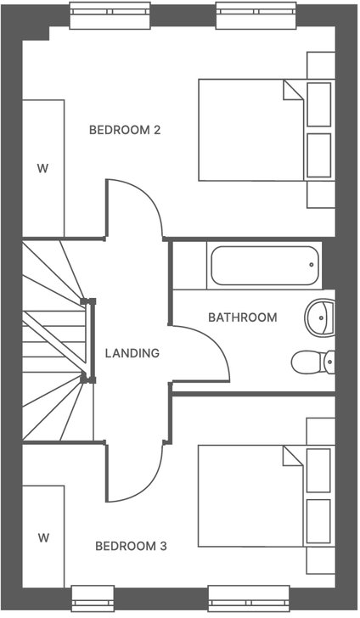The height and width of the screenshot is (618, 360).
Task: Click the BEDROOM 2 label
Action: coord(125,130)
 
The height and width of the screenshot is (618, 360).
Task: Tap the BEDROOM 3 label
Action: coord(130,546)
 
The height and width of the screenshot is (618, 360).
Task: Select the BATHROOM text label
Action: coord(243,317)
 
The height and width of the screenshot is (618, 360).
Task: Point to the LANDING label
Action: coord(132,353)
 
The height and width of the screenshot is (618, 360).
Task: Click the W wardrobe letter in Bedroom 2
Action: coord(42,167)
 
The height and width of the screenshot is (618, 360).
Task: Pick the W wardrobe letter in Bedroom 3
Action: coord(43,537)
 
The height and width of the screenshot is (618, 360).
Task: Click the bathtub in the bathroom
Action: coord(263,266)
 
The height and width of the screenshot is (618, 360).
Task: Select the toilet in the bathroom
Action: coord(311,362)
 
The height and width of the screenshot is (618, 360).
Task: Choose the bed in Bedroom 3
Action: coord(246,497)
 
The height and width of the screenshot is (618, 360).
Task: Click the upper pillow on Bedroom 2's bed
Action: coord(318,104)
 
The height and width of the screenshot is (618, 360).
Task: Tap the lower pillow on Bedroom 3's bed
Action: coord(318,521)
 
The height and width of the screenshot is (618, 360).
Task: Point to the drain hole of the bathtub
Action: coord(312,264)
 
